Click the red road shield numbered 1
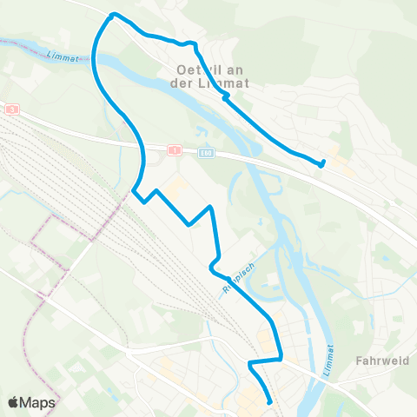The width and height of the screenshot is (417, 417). pos(174,150)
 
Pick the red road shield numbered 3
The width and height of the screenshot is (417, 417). pos(12,109)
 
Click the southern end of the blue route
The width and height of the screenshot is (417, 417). pos(269,402)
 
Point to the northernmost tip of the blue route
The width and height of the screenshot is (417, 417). pos(113,14)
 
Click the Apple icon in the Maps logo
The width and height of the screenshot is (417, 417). pos(13,401)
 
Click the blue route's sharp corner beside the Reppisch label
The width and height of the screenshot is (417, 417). pos(211,263)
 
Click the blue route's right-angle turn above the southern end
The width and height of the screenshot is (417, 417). pos(250,362)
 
